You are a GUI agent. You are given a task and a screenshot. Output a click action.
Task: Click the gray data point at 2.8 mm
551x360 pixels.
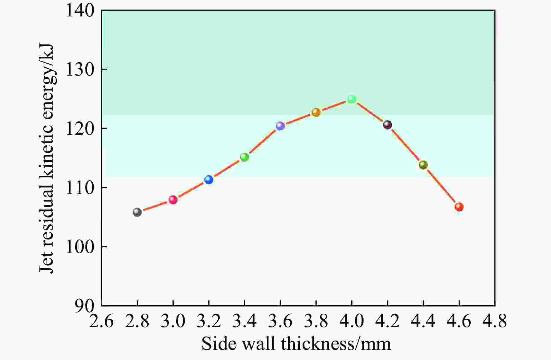pos(137,212)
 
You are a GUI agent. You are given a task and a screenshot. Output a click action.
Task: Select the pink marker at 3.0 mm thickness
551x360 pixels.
pos(173,200)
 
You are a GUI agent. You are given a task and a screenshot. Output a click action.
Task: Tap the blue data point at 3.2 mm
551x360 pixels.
pos(209,180)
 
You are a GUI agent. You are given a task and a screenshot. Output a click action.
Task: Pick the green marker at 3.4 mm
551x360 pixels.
pos(245,157)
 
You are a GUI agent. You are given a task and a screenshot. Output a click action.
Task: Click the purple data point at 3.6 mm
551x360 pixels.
pos(280,126)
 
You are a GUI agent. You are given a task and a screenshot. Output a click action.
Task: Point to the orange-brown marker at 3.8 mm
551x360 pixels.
pos(316,112)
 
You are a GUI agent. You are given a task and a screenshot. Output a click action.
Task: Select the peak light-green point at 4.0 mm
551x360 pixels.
pos(352,99)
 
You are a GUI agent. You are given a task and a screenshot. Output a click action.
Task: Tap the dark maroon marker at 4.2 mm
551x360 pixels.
pos(387,125)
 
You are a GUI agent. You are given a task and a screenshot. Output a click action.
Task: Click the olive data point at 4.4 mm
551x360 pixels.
pos(423,165)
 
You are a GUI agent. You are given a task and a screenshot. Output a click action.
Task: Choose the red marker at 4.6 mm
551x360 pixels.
pos(459,207)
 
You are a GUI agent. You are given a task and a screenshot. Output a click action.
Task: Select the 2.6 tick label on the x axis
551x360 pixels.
pos(101,321)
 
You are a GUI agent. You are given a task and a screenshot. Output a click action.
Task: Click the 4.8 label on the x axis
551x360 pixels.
pos(494,321)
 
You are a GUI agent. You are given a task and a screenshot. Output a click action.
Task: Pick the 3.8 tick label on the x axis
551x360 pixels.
pos(316,321)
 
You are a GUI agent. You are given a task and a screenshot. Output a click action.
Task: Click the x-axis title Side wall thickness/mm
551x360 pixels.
pos(296,344)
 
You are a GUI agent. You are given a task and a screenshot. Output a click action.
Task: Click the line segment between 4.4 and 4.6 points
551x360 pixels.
pos(441,186)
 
